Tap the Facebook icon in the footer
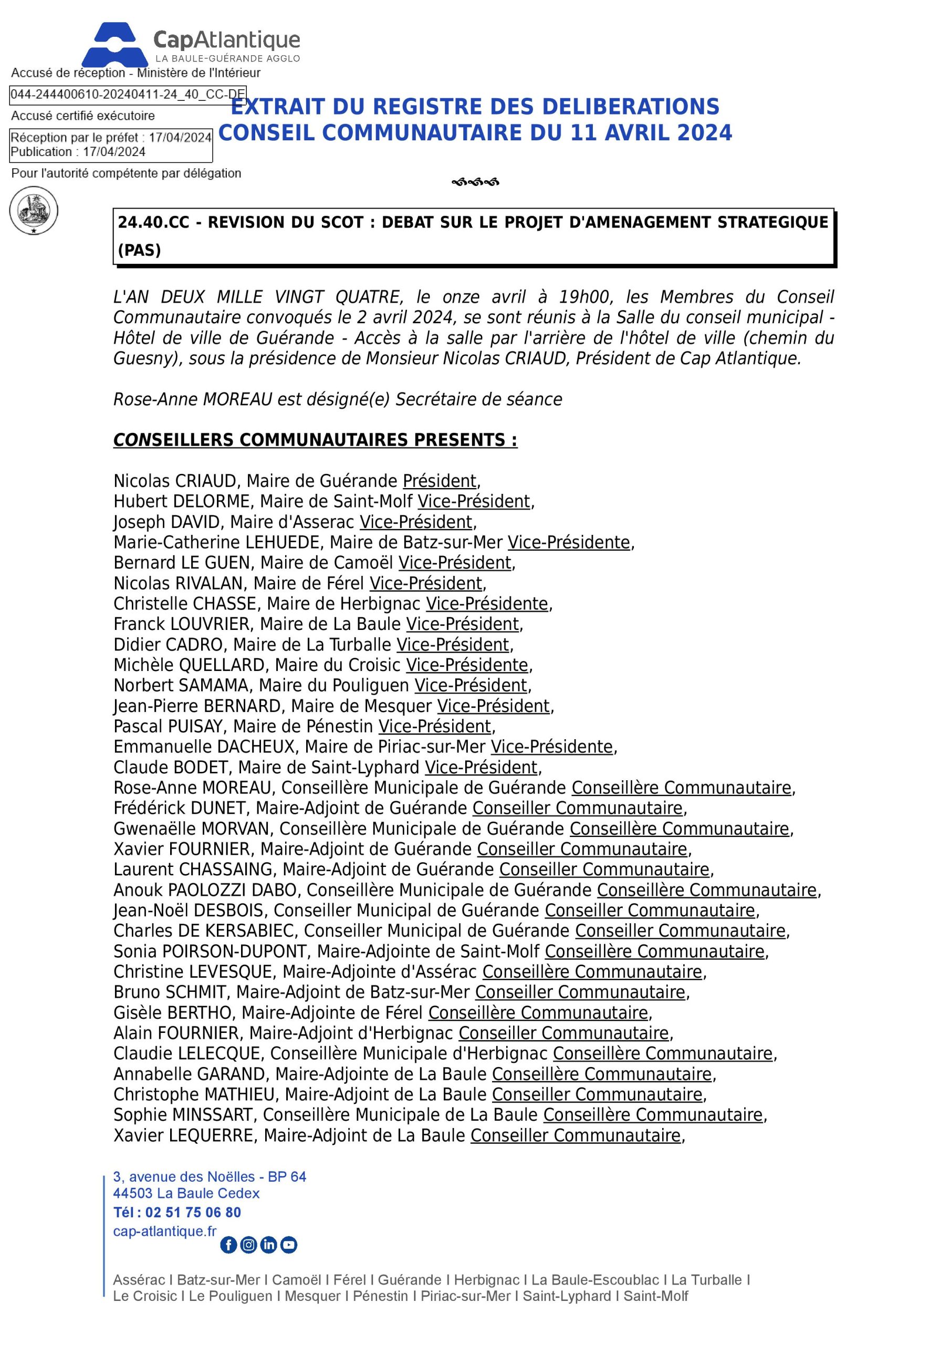pos(228,1245)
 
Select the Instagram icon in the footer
pos(249,1245)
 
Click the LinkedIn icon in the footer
pos(269,1245)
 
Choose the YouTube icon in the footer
pos(289,1245)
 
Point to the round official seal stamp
pos(34,211)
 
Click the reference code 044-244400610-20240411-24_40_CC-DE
pos(128,95)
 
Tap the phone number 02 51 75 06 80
pos(193,1213)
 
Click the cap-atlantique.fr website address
pos(164,1232)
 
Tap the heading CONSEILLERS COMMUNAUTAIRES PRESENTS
pos(315,440)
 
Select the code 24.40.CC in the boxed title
pos(153,223)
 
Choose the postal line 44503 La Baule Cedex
pos(186,1193)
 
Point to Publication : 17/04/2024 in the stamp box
pos(78,152)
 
